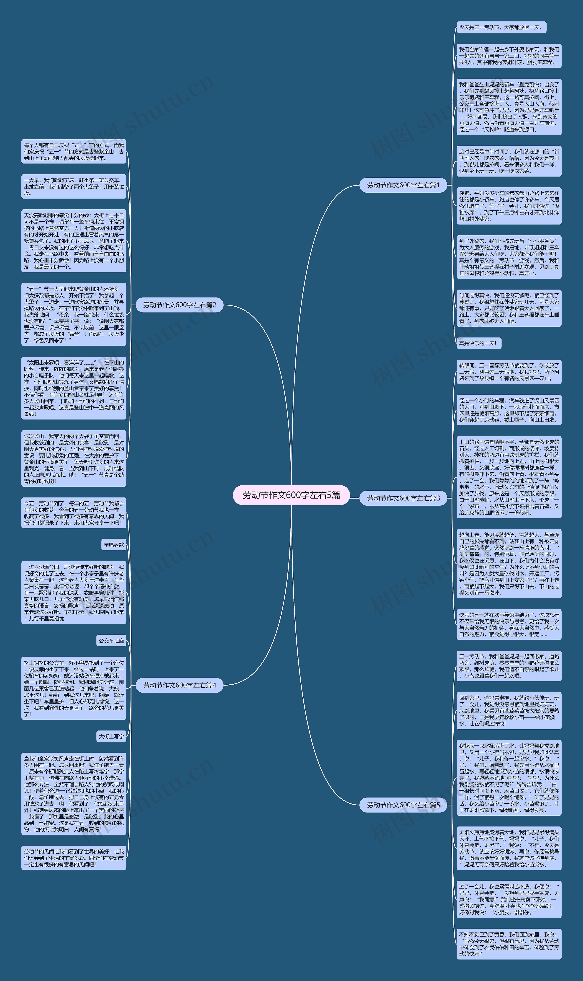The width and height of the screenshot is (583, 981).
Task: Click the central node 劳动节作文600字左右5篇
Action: [291, 495]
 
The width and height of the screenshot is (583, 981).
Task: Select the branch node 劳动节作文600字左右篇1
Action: [403, 185]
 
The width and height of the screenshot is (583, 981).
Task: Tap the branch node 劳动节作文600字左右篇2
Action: [179, 305]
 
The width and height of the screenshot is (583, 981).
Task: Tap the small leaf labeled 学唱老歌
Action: [114, 545]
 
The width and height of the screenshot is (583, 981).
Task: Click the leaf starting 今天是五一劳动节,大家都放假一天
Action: [501, 27]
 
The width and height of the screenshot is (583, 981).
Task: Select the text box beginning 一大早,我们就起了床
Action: [74, 186]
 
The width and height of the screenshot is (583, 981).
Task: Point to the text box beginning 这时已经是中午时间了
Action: [509, 161]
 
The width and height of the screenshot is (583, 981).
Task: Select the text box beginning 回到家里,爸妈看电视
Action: [509, 710]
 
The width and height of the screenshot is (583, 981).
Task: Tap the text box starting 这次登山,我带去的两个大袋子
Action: [74, 458]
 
